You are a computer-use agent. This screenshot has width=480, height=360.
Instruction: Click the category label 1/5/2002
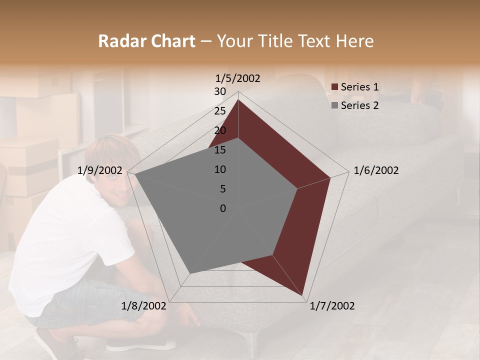click(x=238, y=78)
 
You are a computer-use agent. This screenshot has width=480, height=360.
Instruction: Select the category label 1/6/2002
click(x=376, y=170)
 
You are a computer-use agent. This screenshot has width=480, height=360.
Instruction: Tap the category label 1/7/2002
click(x=332, y=306)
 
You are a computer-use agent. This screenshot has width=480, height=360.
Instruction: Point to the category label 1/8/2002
click(x=144, y=306)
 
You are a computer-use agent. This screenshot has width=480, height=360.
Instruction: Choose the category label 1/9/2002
click(x=100, y=170)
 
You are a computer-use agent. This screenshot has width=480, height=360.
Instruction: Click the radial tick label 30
click(x=220, y=91)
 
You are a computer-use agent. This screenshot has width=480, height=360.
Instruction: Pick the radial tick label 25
click(x=220, y=111)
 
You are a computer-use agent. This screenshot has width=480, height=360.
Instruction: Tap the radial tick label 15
click(x=220, y=150)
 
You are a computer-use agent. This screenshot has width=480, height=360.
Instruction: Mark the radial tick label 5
click(x=222, y=189)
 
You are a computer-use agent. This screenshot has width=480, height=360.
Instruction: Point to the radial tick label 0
click(x=223, y=208)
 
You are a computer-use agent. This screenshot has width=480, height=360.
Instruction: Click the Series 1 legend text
click(x=359, y=87)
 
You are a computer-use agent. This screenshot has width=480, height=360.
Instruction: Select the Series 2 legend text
click(x=359, y=105)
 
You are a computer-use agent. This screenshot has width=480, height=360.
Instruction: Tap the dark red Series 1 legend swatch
click(x=335, y=87)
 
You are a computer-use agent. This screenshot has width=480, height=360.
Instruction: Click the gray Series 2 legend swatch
click(x=335, y=106)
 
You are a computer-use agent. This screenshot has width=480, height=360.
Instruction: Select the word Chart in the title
click(x=173, y=41)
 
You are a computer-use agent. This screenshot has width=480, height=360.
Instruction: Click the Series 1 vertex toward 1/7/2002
click(x=302, y=294)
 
